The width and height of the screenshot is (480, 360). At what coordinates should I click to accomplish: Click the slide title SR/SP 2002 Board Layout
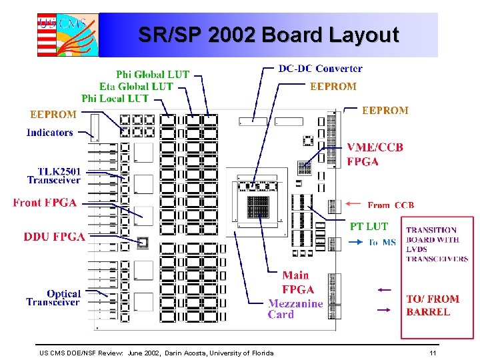click(x=268, y=35)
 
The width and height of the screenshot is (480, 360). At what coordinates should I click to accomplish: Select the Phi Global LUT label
click(x=153, y=75)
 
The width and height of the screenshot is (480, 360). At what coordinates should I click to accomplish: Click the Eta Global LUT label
click(x=135, y=86)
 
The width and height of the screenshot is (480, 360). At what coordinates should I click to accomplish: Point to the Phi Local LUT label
click(x=115, y=98)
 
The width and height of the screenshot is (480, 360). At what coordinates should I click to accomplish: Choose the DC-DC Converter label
click(x=320, y=68)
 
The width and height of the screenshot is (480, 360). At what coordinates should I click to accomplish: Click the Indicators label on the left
click(x=49, y=133)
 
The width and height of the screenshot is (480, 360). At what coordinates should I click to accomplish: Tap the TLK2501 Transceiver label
click(x=53, y=175)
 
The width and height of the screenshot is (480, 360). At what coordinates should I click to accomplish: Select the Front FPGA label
click(x=44, y=203)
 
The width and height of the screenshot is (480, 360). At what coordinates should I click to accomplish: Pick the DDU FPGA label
click(x=54, y=237)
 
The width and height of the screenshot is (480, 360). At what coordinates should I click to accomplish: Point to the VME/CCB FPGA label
click(x=375, y=154)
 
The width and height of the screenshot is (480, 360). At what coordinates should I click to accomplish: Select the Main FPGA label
click(x=297, y=282)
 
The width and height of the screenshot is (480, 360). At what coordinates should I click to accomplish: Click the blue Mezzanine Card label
click(x=295, y=309)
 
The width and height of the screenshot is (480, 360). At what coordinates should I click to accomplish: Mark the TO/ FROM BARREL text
click(x=433, y=305)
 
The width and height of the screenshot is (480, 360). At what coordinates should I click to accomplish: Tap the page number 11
click(x=433, y=353)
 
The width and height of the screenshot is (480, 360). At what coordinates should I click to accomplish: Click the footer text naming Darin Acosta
click(x=156, y=353)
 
